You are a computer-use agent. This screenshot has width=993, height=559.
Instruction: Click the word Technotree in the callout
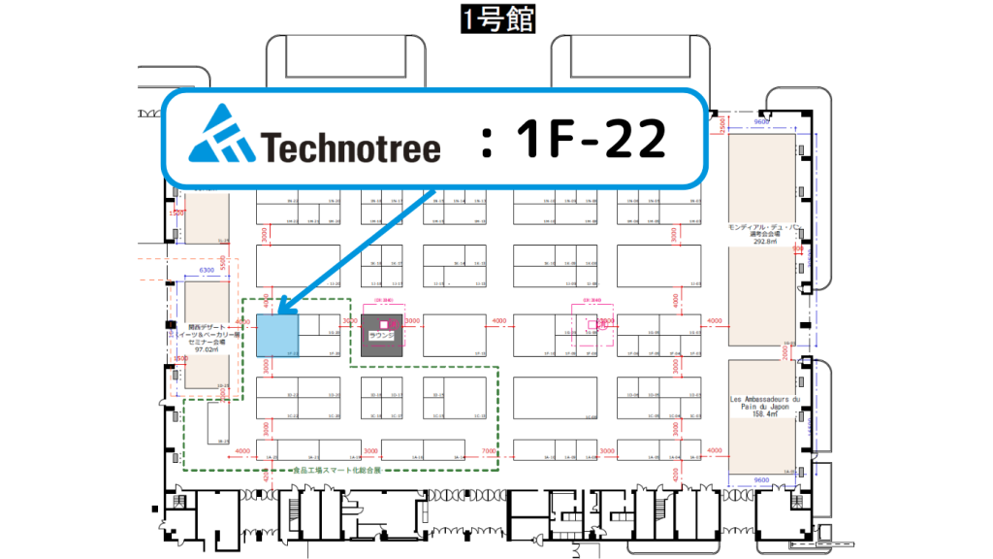click(x=351, y=147)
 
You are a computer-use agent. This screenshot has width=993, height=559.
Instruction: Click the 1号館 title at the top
click(x=496, y=17)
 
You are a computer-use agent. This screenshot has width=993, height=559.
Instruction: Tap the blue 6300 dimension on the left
click(x=207, y=272)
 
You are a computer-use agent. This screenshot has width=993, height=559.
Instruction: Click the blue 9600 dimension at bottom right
click(x=761, y=479)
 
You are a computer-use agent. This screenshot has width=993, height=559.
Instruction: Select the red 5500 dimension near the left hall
click(x=223, y=263)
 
